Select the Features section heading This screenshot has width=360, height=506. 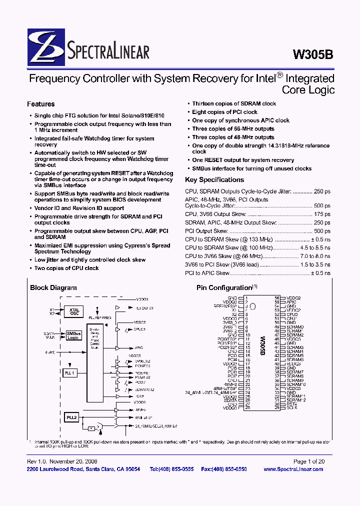click(40, 104)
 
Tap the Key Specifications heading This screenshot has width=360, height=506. click(214, 179)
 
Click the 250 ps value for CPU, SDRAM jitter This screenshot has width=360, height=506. click(322, 191)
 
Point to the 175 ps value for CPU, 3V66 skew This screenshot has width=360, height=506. click(322, 214)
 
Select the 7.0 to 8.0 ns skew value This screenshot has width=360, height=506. click(314, 256)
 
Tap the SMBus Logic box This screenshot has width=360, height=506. click(73, 335)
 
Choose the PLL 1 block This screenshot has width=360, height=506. click(70, 372)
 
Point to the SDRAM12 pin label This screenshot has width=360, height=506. click(295, 400)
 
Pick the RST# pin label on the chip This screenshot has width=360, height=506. click(291, 404)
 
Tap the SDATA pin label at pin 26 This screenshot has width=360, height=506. click(230, 400)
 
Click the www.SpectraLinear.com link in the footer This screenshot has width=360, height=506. click(293, 469)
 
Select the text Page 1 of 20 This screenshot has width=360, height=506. click(308, 461)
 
